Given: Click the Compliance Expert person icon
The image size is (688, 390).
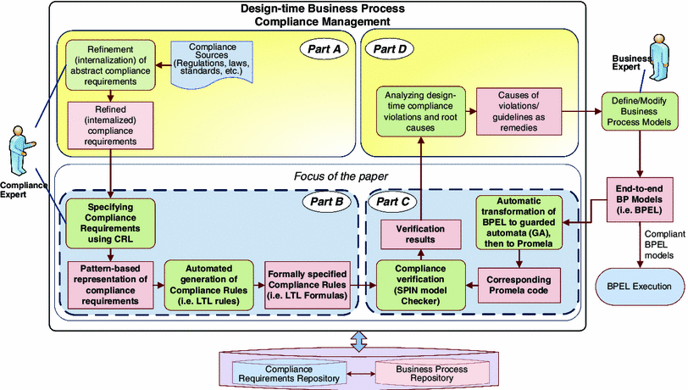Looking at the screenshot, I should click(x=21, y=153).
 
